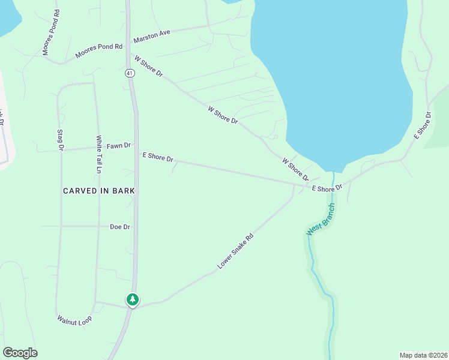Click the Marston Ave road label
click(152, 34)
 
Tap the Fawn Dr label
click(118, 146)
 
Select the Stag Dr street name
click(60, 140)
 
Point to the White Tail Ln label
click(99, 155)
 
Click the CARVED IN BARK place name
click(99, 190)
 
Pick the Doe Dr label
click(120, 227)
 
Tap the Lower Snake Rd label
click(236, 251)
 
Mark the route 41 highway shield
click(130, 73)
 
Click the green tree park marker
click(132, 299)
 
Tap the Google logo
click(20, 353)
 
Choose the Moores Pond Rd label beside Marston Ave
click(98, 50)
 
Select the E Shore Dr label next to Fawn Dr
click(158, 157)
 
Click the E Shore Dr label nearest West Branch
click(327, 188)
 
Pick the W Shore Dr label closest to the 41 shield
click(149, 66)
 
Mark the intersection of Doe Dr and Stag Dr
click(60, 226)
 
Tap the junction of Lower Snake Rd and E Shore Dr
click(294, 185)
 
